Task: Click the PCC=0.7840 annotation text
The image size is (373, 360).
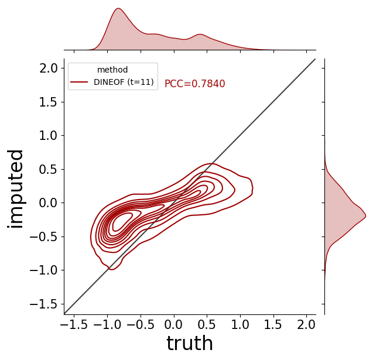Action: click(194, 84)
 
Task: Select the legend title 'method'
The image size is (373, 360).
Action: click(112, 70)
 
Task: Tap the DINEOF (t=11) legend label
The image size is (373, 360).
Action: click(124, 82)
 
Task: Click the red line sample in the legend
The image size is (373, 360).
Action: click(79, 82)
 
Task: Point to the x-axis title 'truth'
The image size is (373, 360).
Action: click(190, 343)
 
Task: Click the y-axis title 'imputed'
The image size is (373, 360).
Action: click(15, 189)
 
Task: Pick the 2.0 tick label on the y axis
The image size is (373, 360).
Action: click(49, 68)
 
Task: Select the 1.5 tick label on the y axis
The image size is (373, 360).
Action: click(49, 102)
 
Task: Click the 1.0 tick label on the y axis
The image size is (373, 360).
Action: click(49, 136)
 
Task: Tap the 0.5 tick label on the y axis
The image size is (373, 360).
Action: click(49, 170)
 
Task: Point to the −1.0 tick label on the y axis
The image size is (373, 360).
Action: click(44, 270)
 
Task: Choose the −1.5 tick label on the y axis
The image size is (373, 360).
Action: click(44, 304)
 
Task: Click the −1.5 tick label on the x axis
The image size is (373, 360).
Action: click(74, 324)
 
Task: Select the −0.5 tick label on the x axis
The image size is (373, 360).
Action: click(141, 324)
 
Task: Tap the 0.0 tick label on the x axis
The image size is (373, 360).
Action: click(174, 324)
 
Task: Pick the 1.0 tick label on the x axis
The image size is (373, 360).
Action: click(240, 324)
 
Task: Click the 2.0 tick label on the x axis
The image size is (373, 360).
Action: click(306, 324)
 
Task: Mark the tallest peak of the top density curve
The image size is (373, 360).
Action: click(118, 9)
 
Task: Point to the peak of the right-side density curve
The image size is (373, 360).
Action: click(365, 215)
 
